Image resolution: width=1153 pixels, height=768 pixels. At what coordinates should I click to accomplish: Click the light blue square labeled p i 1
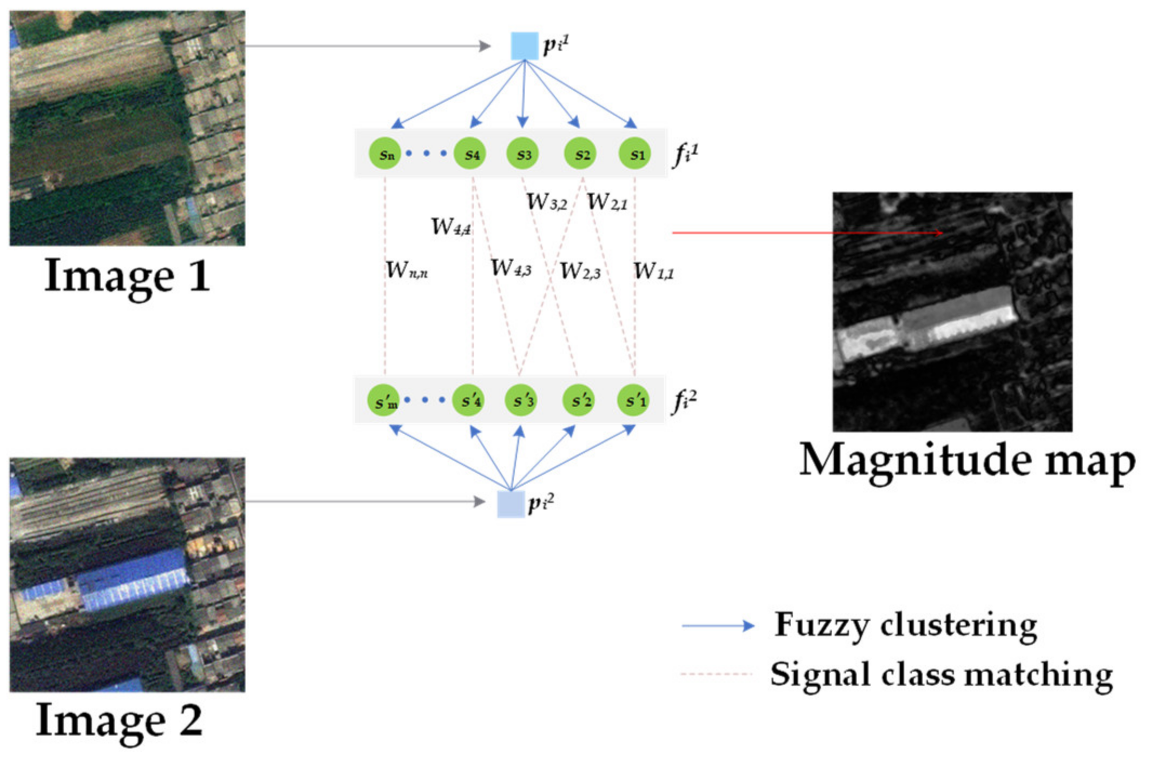524,46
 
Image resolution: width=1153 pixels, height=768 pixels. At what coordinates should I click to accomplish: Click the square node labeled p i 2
511,504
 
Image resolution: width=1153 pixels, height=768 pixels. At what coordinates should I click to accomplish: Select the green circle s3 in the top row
523,154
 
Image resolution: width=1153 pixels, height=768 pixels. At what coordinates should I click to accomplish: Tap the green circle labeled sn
385,154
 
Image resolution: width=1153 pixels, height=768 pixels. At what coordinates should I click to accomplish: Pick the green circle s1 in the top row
635,154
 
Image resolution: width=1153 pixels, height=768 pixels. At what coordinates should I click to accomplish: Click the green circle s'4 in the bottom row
468,401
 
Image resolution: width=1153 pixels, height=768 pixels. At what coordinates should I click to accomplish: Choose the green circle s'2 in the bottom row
579,401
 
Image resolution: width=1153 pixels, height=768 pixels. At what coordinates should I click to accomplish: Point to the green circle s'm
384,401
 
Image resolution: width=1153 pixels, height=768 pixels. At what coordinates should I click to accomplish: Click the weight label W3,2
546,202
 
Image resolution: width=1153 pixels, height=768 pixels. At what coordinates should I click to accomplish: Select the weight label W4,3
511,268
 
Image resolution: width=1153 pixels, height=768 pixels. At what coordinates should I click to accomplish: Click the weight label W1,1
653,271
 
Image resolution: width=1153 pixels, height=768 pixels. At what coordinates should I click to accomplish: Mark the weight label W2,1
607,202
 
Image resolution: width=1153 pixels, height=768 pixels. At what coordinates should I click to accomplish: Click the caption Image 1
127,276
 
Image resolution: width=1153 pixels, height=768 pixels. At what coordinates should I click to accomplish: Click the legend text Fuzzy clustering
906,625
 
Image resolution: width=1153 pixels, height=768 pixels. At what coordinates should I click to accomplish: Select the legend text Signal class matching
941,674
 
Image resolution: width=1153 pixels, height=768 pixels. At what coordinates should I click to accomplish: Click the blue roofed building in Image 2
132,579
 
